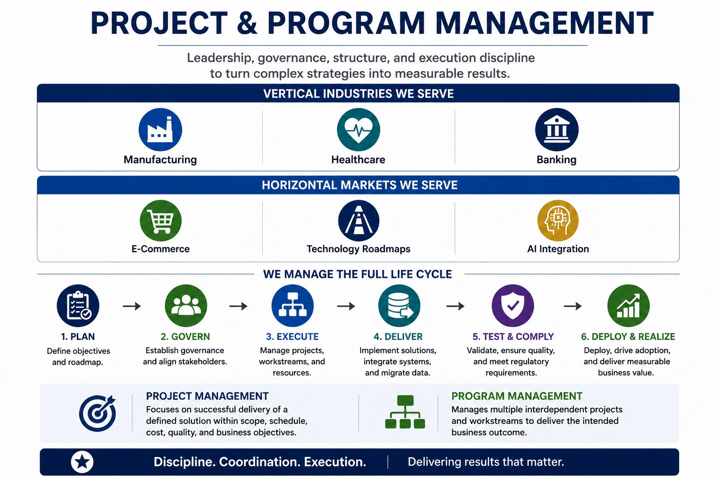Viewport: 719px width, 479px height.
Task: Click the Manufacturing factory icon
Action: (160, 130)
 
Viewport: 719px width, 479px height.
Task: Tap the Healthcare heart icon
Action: (359, 130)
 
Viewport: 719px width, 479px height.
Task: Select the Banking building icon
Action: (557, 130)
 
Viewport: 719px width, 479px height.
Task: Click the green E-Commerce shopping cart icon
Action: (161, 221)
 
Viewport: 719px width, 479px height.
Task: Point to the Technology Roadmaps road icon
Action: (359, 221)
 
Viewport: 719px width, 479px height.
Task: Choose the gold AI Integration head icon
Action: (558, 221)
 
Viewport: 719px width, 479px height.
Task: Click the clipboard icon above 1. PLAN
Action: (78, 306)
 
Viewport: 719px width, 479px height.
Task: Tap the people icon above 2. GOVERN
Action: (186, 306)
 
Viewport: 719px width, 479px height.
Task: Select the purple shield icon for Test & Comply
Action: (513, 306)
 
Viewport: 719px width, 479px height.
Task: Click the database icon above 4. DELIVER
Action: (399, 306)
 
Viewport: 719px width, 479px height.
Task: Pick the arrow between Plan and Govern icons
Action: (132, 306)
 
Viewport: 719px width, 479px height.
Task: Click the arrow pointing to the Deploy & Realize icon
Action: (572, 306)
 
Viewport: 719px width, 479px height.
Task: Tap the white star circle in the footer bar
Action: (82, 462)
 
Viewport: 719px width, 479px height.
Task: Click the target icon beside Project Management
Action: (97, 413)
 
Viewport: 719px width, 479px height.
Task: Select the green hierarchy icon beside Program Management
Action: (405, 412)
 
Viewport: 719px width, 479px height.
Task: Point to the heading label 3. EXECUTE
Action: (292, 336)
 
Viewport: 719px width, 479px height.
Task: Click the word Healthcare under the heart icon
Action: (358, 160)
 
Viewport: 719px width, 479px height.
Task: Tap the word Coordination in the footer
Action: (259, 462)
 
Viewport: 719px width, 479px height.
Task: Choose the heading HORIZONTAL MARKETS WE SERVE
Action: (359, 185)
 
